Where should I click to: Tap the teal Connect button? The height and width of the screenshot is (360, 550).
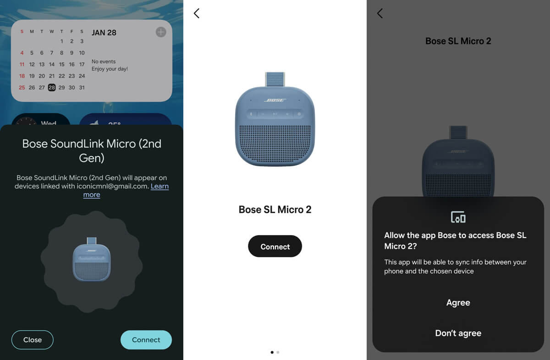146,340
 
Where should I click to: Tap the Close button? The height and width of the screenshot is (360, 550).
33,340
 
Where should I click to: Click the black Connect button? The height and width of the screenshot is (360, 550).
275,246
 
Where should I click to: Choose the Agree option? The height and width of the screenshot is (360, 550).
458,303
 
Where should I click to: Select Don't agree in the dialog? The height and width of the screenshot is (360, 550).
458,333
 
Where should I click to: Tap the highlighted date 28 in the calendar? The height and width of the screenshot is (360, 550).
51,88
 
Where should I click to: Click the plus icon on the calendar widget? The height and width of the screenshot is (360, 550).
161,32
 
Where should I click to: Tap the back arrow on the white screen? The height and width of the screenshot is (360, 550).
197,13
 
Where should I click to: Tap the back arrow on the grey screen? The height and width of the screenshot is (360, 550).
380,13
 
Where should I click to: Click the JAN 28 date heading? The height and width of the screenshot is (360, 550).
104,33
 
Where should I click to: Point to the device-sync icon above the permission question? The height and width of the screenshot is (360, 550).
458,217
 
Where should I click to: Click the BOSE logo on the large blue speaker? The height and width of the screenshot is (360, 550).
275,100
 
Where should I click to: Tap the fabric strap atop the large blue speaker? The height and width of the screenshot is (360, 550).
275,79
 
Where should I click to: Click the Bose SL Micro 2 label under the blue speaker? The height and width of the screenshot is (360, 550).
275,210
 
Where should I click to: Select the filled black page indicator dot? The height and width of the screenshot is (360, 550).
272,352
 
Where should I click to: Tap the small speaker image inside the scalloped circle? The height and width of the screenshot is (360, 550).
92,259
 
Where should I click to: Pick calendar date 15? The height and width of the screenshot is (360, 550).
61,64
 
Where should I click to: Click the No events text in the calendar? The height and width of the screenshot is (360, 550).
104,61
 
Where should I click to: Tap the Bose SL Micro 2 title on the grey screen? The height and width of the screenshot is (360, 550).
458,41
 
